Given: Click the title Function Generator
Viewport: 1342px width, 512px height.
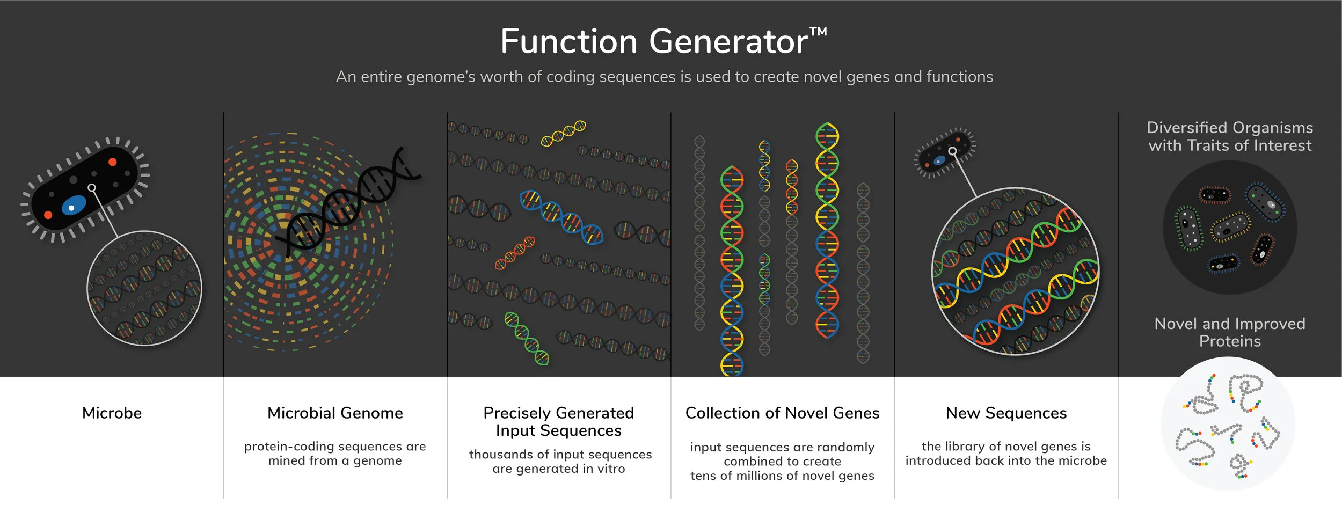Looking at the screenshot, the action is point(654,41).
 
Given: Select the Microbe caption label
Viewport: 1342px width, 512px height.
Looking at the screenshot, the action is point(112,413).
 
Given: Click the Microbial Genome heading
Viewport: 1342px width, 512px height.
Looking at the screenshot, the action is point(335,413).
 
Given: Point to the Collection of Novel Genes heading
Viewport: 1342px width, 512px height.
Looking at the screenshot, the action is point(782,413).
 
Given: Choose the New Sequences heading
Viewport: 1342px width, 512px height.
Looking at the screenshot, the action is point(1006,413).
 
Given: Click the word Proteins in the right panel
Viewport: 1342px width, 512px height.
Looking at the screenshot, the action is point(1230,341).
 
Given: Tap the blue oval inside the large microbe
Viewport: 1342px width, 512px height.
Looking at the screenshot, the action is point(74,206).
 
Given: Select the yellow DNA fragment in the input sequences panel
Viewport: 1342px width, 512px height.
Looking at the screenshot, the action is point(563,133).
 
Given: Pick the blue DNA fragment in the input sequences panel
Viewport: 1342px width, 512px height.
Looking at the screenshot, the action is point(561,216).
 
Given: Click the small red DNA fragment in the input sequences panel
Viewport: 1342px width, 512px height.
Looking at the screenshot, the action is point(515,252).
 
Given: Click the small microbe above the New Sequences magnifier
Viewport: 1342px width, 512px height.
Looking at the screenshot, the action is point(945,153).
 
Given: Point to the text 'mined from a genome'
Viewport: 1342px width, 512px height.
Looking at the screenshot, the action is point(335,460).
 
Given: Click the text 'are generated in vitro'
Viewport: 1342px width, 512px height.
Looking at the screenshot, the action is point(559,469).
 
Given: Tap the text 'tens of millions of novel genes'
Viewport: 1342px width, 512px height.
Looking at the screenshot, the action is point(782,476).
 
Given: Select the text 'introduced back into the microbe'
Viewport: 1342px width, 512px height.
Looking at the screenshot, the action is point(1006,460).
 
